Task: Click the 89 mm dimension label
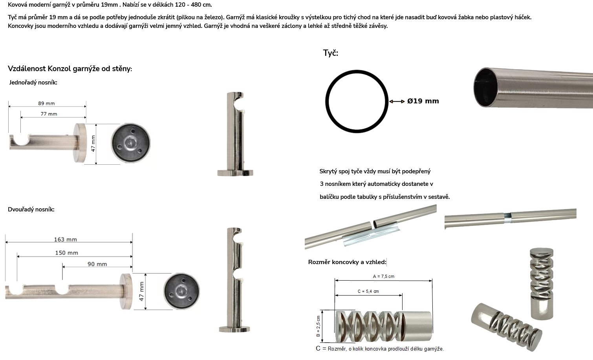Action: click(x=46, y=103)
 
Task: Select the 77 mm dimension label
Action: click(x=49, y=114)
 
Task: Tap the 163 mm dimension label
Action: click(x=66, y=239)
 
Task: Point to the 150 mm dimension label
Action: click(x=66, y=253)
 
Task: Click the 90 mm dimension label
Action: click(x=97, y=264)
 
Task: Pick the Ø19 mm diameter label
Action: click(x=423, y=101)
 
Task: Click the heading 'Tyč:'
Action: click(x=330, y=53)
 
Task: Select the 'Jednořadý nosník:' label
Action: click(x=33, y=83)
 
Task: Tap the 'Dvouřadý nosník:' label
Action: click(x=31, y=209)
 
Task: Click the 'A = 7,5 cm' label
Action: click(x=384, y=276)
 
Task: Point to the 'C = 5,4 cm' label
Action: click(x=368, y=291)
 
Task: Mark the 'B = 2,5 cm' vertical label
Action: click(x=318, y=326)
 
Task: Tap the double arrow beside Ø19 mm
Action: click(x=397, y=101)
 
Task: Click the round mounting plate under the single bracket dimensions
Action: click(x=130, y=143)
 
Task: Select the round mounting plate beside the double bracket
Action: click(x=181, y=291)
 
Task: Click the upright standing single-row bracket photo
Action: click(x=235, y=134)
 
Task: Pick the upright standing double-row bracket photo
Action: click(x=234, y=280)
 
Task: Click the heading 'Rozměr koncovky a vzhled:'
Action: click(x=347, y=262)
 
